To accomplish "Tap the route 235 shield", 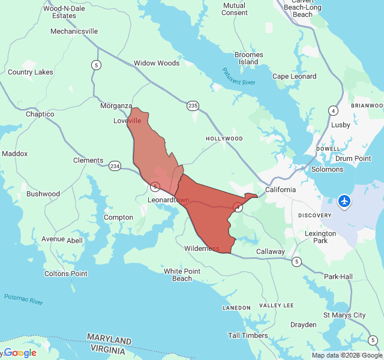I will tap(193, 106).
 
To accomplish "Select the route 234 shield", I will tap(115, 166).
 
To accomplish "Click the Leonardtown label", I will tap(169, 200).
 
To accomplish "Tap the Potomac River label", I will tap(23, 299).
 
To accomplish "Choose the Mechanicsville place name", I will tap(74, 31).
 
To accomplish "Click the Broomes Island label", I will tap(248, 58).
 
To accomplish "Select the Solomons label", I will tap(327, 169).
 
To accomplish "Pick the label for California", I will tap(281, 190).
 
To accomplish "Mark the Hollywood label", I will tap(224, 139).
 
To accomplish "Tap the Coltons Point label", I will tap(66, 274).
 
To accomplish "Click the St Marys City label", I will tap(344, 315).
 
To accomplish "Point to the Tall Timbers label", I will tap(248, 335).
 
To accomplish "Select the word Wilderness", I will tap(202, 248).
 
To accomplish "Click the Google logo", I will tap(20, 353).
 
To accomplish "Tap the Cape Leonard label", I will tap(295, 76).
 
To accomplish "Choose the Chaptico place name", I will tap(40, 114).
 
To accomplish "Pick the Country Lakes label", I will tap(31, 72).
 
